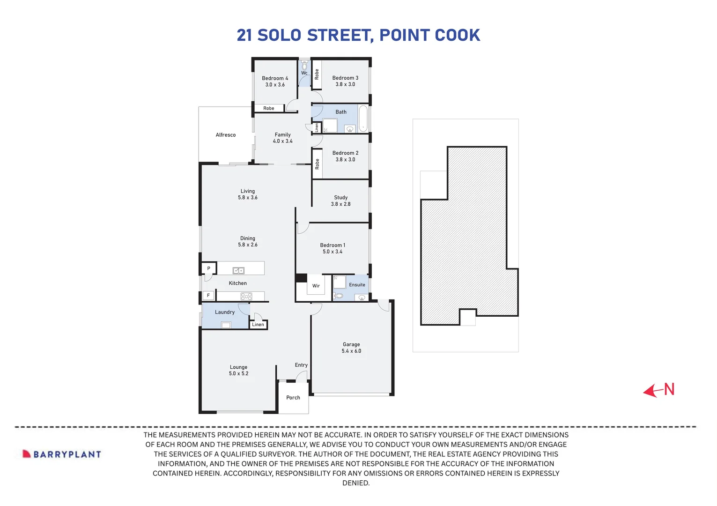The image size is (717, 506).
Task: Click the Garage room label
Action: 351,344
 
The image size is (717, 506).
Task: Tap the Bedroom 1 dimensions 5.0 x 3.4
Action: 333,252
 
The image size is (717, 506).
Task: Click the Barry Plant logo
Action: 62,454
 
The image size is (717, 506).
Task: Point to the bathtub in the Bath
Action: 363,119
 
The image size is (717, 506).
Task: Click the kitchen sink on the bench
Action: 238,270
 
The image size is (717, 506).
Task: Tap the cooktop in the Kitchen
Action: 246,296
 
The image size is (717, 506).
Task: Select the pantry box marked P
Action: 209,268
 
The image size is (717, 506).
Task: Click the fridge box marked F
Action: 208,296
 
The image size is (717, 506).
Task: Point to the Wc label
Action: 304,73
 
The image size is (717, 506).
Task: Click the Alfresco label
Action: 226,135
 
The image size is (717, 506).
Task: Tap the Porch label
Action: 293,398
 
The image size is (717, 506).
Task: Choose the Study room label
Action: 341,198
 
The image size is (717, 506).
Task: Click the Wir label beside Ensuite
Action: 316,286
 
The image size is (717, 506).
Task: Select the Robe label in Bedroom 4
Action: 269,108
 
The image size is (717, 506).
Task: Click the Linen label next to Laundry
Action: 258,325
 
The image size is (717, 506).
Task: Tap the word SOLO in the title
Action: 279,36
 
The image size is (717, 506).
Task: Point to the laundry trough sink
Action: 226,325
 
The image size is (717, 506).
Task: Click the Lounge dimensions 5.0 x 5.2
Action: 239,374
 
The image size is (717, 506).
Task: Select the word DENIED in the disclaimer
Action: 356,483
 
